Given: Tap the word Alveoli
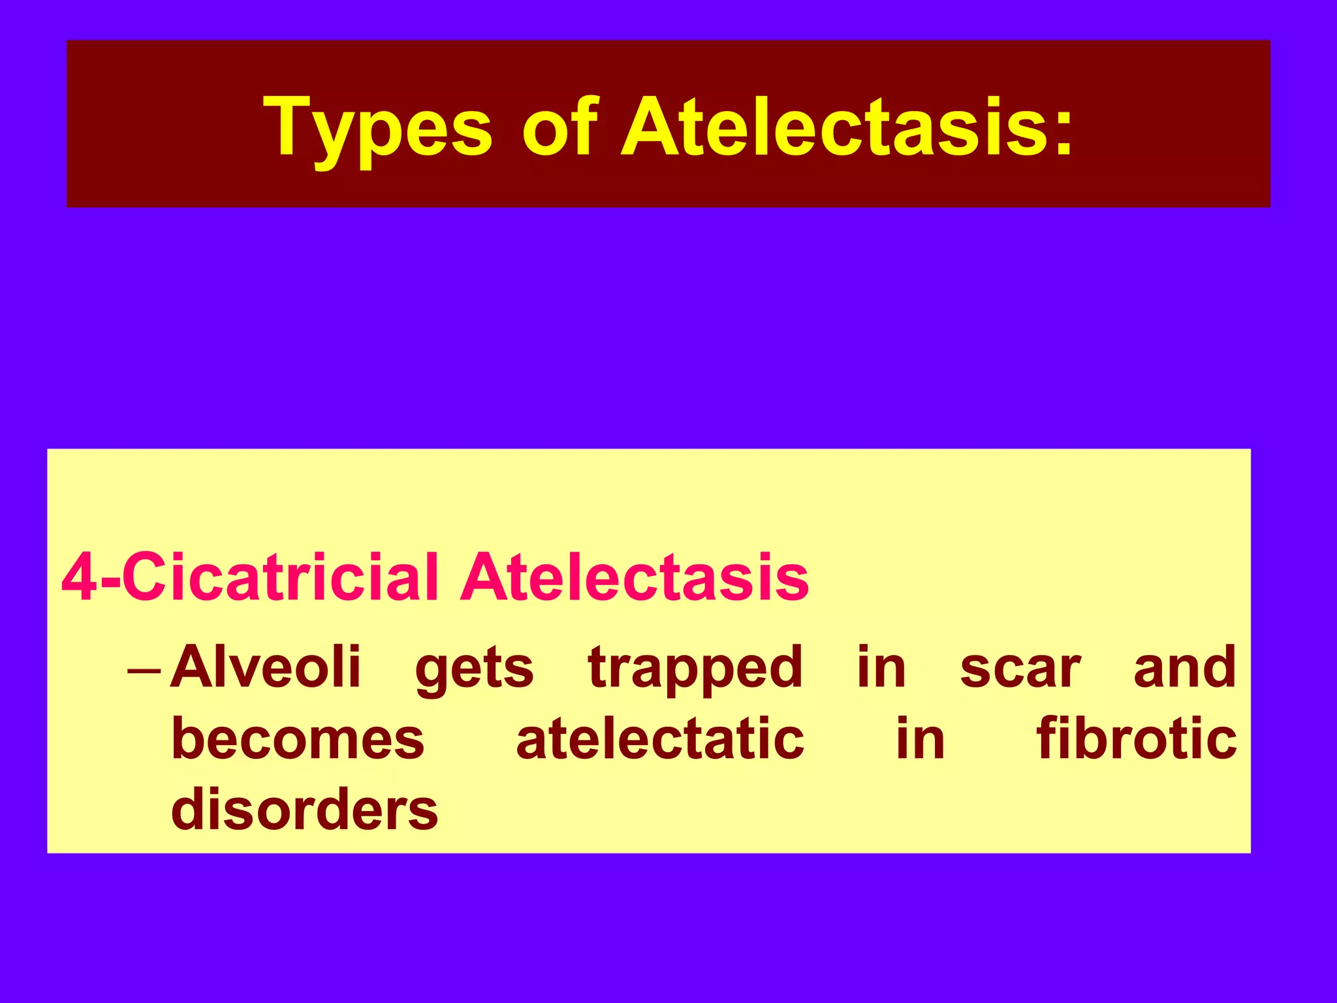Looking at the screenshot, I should click(x=265, y=667).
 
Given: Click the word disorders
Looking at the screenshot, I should click(x=304, y=809).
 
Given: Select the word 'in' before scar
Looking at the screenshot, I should click(x=881, y=667).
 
